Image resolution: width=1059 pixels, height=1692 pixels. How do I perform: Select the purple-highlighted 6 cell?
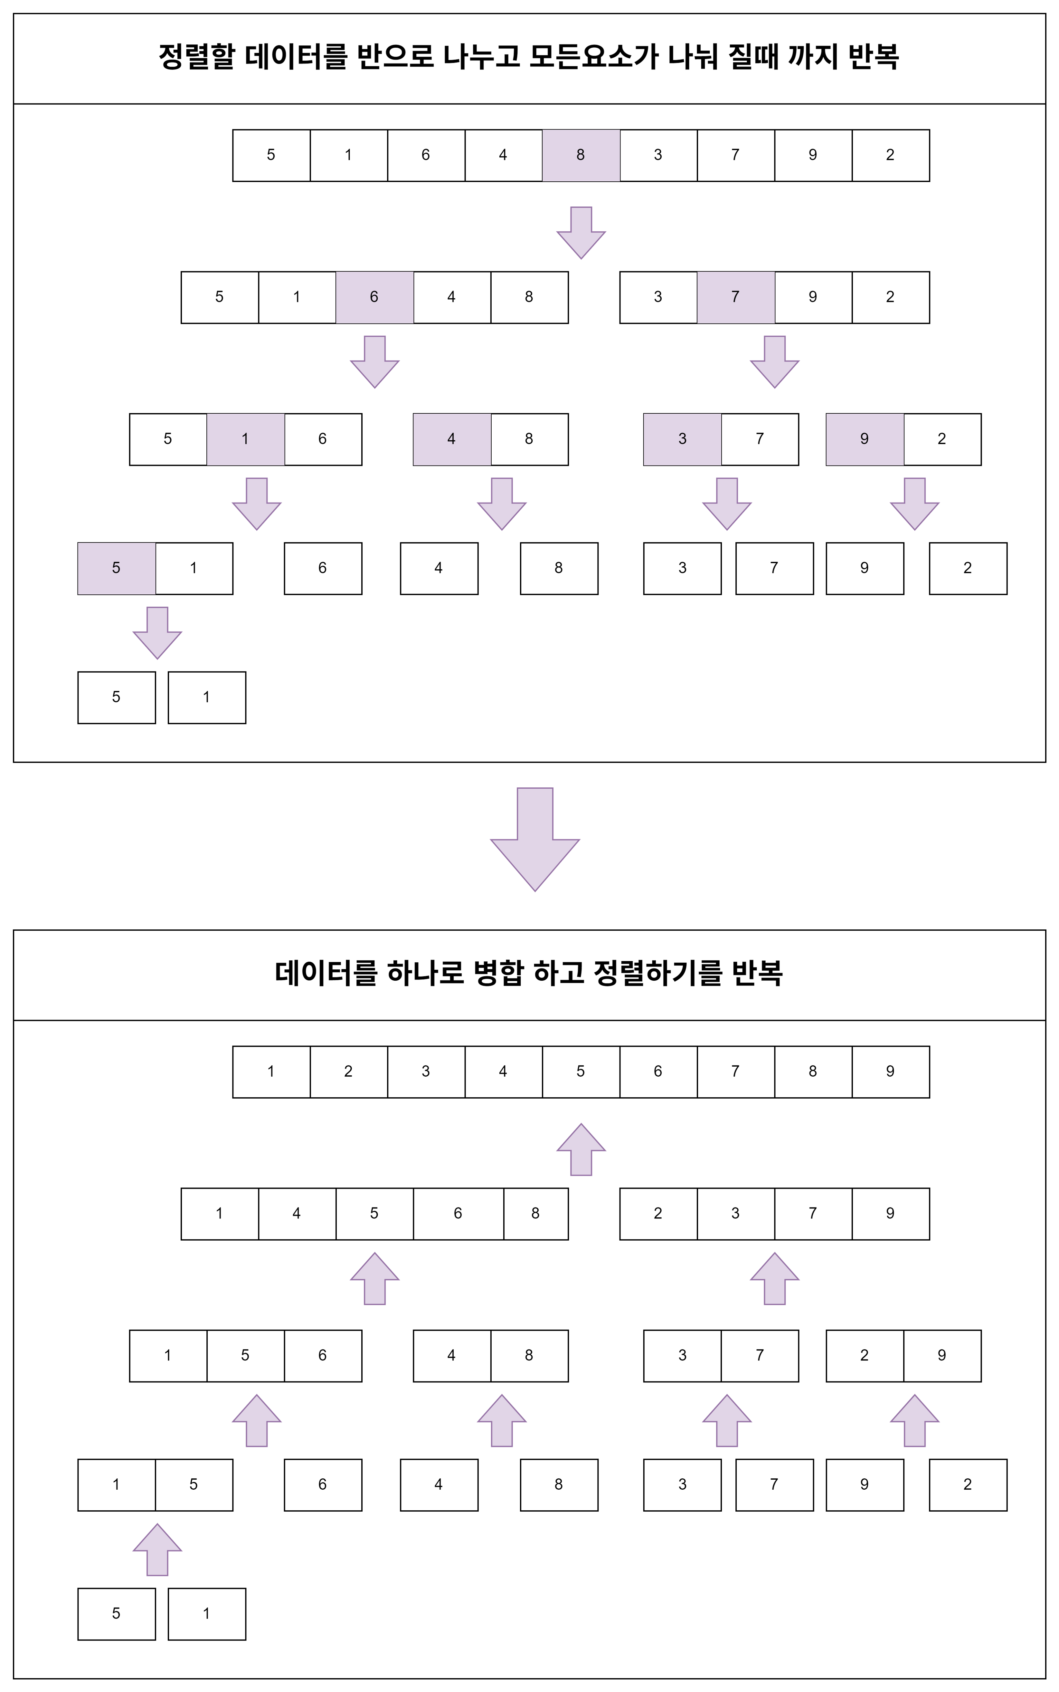374,297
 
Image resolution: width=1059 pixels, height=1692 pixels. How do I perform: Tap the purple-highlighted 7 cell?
735,297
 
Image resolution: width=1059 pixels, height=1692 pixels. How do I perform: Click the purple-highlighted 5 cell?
116,568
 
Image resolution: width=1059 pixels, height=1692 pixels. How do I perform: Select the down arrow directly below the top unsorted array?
581,233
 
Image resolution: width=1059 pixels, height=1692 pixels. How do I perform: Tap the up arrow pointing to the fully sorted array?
581,1149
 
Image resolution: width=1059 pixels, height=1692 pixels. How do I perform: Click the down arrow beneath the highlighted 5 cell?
157,633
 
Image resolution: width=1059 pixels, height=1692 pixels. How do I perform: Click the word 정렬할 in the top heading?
196,57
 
